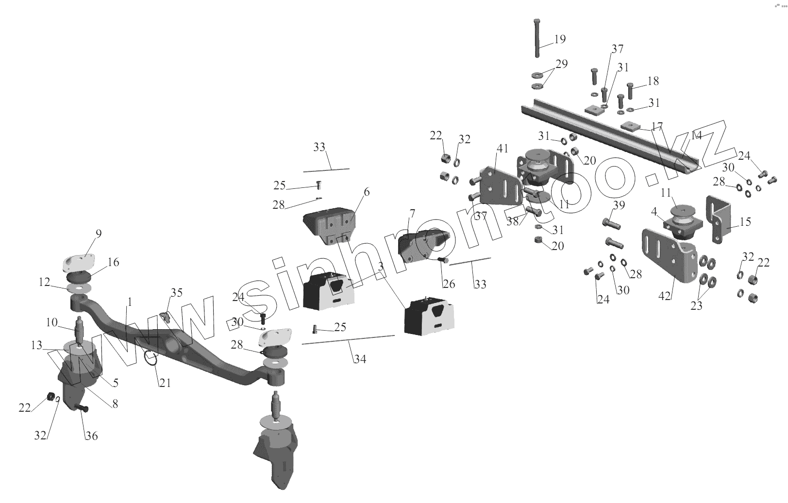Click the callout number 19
pos(560,39)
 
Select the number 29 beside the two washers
pos(561,64)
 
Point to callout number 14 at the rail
pos(696,135)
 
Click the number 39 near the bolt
pos(619,205)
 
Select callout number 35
pos(176,292)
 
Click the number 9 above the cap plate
pos(99,234)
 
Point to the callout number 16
pos(113,263)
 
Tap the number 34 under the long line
pos(360,359)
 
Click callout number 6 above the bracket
pos(366,192)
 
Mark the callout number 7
pos(412,213)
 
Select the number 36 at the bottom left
pos(91,436)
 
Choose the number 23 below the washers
pos(696,306)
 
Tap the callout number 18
pos(653,81)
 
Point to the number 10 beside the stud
pos(52,322)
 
